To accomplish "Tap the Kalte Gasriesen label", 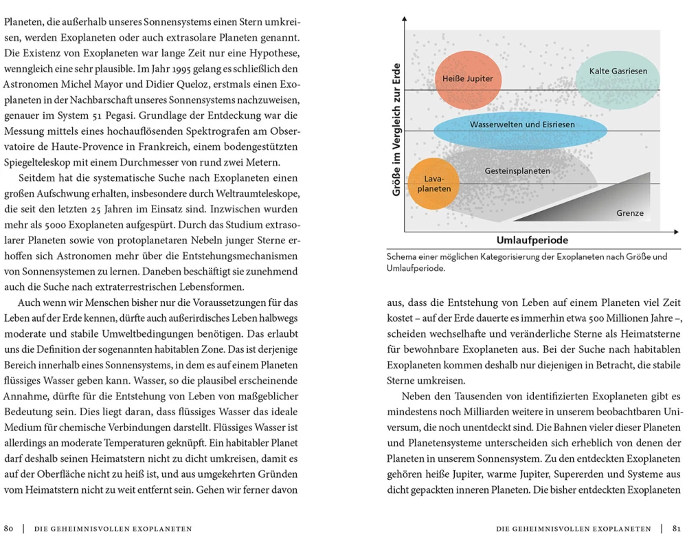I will click(x=618, y=71).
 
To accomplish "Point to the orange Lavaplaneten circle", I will click(x=433, y=184).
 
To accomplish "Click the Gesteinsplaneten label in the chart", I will click(x=517, y=170).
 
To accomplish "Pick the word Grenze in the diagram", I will click(x=629, y=213).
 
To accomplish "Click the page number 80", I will click(x=10, y=529).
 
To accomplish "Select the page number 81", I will click(x=677, y=529).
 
